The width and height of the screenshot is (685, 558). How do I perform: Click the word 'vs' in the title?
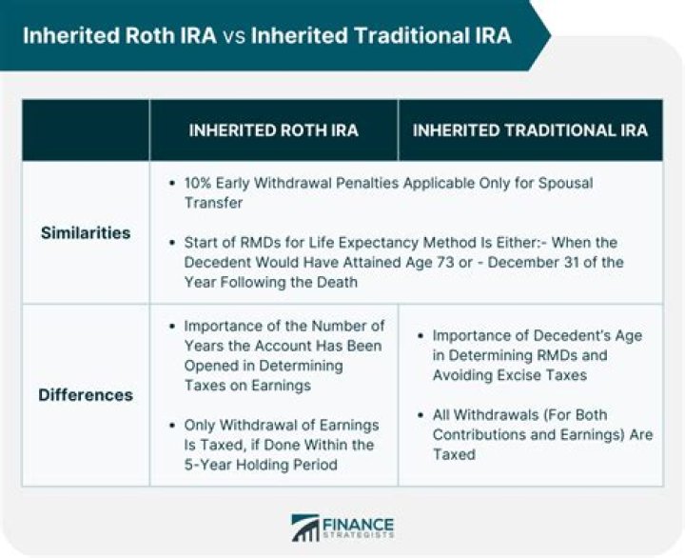point(232,36)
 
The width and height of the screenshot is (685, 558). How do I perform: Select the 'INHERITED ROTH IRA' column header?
point(273,130)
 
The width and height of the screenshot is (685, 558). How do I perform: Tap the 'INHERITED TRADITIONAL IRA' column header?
point(530,130)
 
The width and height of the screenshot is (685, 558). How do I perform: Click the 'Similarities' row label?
point(86,232)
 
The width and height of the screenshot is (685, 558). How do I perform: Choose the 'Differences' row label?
point(86,395)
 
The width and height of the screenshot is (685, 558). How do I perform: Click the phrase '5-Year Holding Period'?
point(262,465)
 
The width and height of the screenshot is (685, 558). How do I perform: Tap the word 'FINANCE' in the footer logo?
point(359,523)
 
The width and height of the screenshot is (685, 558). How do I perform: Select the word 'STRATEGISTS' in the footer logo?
point(359,537)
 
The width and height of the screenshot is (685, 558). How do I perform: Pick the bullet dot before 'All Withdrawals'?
point(420,415)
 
